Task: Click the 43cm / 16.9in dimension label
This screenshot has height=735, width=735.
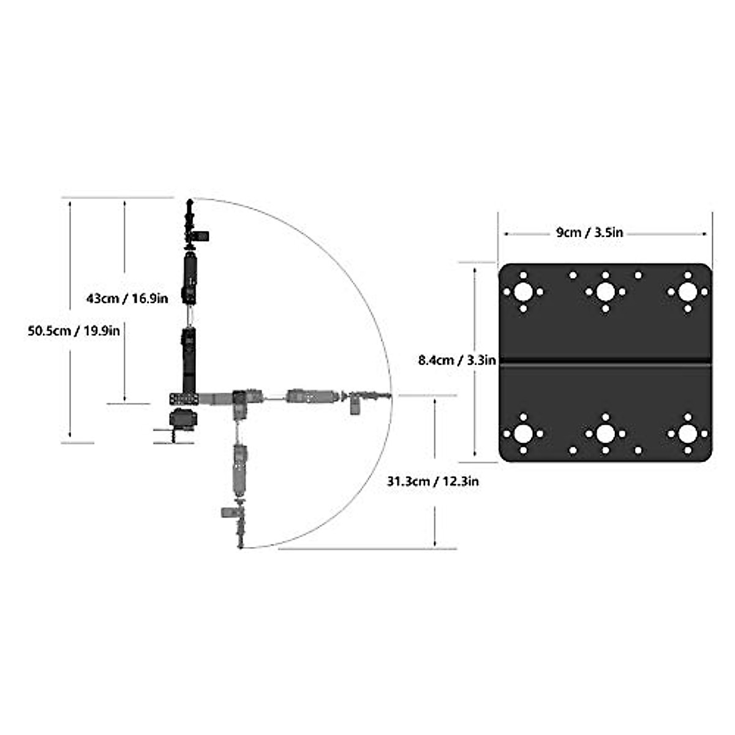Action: pyautogui.click(x=127, y=299)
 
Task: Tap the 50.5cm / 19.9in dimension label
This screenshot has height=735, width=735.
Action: pyautogui.click(x=73, y=331)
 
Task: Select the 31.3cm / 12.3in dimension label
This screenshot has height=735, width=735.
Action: pyautogui.click(x=433, y=481)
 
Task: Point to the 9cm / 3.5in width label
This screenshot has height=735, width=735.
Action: pyautogui.click(x=589, y=233)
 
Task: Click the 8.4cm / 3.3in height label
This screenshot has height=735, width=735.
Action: pyautogui.click(x=457, y=360)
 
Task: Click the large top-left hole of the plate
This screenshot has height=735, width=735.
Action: pyautogui.click(x=523, y=292)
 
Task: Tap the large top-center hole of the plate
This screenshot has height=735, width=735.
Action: pyautogui.click(x=605, y=292)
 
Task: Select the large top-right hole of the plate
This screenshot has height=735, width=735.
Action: pyautogui.click(x=687, y=292)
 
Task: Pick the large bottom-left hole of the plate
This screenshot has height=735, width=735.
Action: pyautogui.click(x=523, y=434)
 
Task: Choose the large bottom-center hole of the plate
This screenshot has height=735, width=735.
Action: pyautogui.click(x=605, y=434)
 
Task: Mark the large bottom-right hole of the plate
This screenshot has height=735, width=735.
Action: pyautogui.click(x=687, y=434)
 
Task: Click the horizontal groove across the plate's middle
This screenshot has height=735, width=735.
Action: pyautogui.click(x=605, y=363)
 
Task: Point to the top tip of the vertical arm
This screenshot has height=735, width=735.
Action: pyautogui.click(x=190, y=201)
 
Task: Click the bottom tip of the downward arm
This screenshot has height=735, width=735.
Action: pyautogui.click(x=240, y=545)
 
